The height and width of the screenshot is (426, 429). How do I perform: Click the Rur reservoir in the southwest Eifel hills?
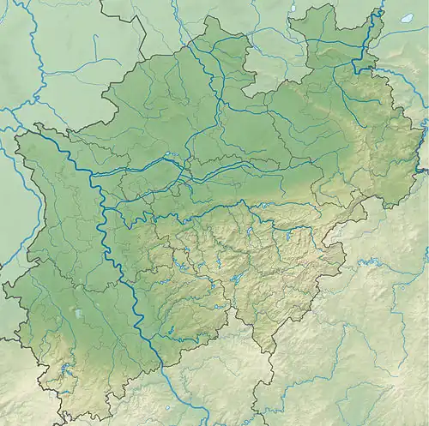pyautogui.click(x=66, y=370)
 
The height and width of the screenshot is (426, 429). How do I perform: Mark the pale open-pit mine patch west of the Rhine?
pyautogui.click(x=78, y=315)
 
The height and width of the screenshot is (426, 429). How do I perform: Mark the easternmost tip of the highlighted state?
pyautogui.click(x=426, y=146)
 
